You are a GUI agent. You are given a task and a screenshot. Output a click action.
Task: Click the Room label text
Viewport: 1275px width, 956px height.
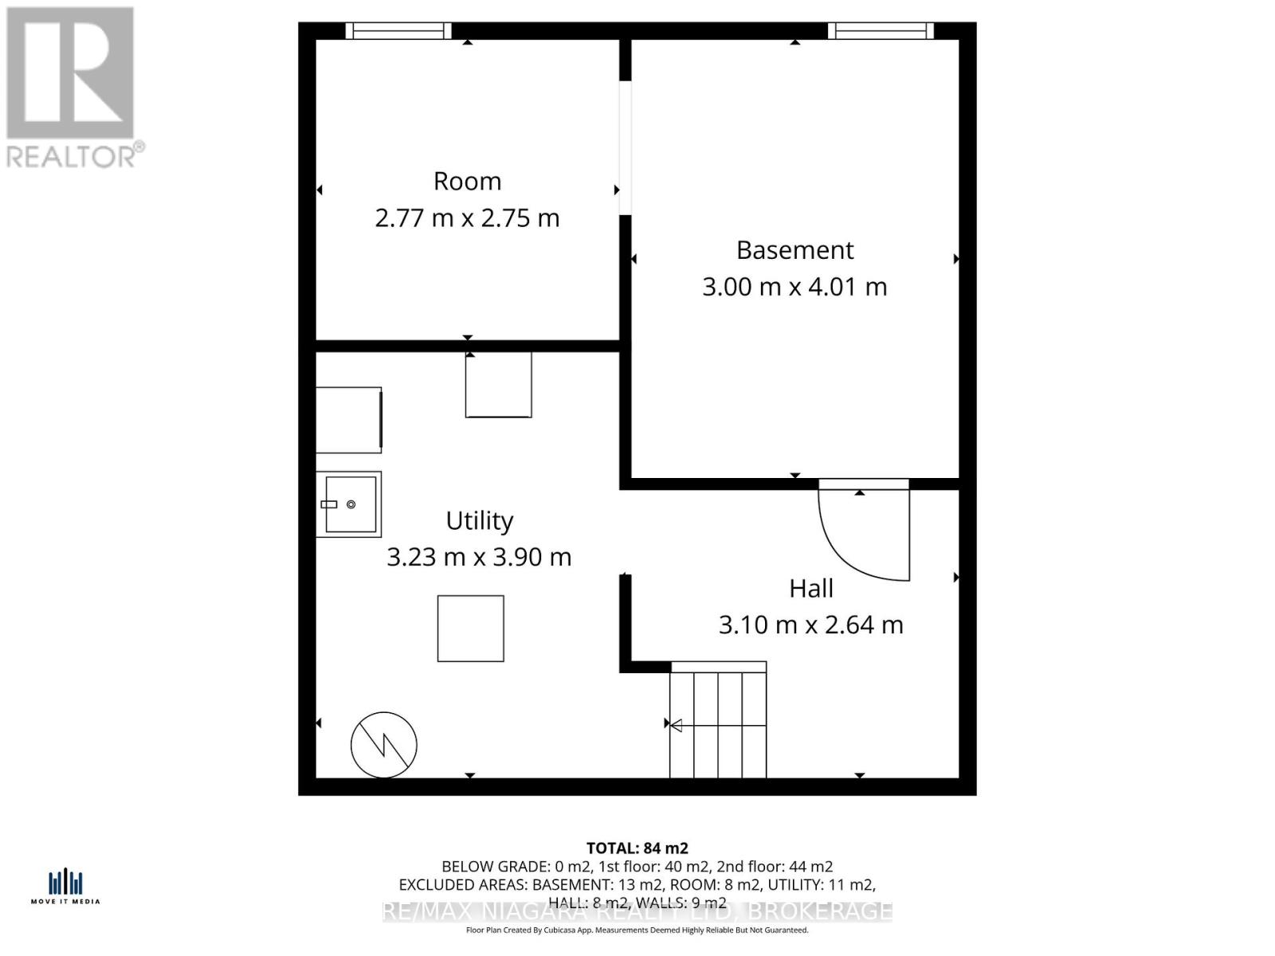[x=467, y=182]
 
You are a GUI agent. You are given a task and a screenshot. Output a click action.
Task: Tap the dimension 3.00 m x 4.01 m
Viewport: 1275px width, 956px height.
[x=794, y=287]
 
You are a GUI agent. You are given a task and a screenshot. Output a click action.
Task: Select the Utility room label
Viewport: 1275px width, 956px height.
[x=479, y=521]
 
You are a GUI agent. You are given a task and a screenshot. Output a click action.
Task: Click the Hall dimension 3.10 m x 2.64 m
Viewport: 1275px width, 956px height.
[x=810, y=625]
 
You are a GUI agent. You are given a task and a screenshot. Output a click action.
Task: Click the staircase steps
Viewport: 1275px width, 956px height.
[x=718, y=725]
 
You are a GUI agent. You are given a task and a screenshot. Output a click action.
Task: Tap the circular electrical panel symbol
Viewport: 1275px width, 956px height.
[x=384, y=745]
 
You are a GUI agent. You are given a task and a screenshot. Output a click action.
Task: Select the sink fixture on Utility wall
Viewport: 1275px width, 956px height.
[x=349, y=504]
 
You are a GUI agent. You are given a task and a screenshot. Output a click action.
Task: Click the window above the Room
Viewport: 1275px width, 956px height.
[x=398, y=30]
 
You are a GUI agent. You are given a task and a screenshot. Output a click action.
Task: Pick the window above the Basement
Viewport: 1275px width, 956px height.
[x=880, y=30]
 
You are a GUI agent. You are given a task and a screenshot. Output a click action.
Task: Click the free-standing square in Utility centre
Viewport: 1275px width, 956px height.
[x=470, y=629]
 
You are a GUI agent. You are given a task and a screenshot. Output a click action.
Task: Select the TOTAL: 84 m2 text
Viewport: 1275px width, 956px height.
[x=637, y=848]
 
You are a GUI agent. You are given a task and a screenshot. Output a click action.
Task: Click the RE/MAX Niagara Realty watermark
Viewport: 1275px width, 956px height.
[x=637, y=911]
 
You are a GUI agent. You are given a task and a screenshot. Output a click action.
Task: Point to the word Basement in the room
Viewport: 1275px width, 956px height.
[x=794, y=250]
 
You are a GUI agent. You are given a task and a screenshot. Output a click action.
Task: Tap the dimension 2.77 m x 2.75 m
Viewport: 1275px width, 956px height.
[x=467, y=218]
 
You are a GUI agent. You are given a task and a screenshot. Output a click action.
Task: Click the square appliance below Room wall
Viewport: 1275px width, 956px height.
[x=499, y=385]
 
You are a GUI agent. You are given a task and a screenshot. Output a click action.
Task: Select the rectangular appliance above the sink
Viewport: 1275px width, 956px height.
[x=349, y=420]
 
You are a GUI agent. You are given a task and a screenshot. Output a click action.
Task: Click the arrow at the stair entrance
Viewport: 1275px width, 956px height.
[x=675, y=725]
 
